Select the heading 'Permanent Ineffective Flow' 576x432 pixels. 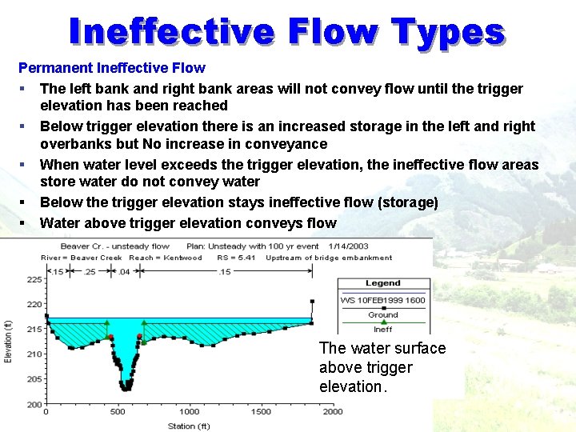coord(111,68)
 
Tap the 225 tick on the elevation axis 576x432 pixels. coord(35,280)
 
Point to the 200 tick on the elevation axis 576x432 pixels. coord(35,405)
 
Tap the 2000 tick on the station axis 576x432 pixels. coord(332,412)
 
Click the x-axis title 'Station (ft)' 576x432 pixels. coord(189,426)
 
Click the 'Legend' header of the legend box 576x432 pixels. coord(383,283)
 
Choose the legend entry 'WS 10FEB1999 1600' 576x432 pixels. coord(383,300)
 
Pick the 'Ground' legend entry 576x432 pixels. coord(383,314)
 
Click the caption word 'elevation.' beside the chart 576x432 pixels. coord(353,386)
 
